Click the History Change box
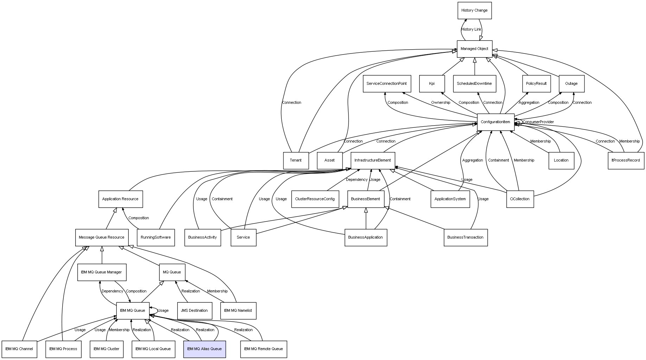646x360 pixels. pos(474,11)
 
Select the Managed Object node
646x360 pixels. pos(474,49)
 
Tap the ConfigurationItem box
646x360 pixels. pos(495,122)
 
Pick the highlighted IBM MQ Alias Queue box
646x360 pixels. pos(204,349)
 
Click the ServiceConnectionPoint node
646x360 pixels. pos(386,84)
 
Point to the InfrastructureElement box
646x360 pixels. pos(373,160)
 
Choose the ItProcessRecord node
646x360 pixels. pos(626,160)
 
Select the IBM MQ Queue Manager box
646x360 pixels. pos(101,272)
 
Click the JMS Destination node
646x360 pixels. pos(194,311)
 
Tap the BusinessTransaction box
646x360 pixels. pos(465,238)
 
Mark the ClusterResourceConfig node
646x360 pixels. pos(315,199)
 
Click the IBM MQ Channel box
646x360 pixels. pos(19,349)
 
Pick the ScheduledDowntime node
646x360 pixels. pos(474,84)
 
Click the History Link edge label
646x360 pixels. pos(471,30)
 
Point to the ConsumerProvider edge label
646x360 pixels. pos(538,122)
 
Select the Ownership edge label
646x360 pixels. pos(441,103)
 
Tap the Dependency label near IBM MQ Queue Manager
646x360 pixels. pos(112,291)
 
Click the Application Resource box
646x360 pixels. pos(120,199)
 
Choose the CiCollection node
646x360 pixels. pos(520,199)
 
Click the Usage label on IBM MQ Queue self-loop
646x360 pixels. pos(163,311)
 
